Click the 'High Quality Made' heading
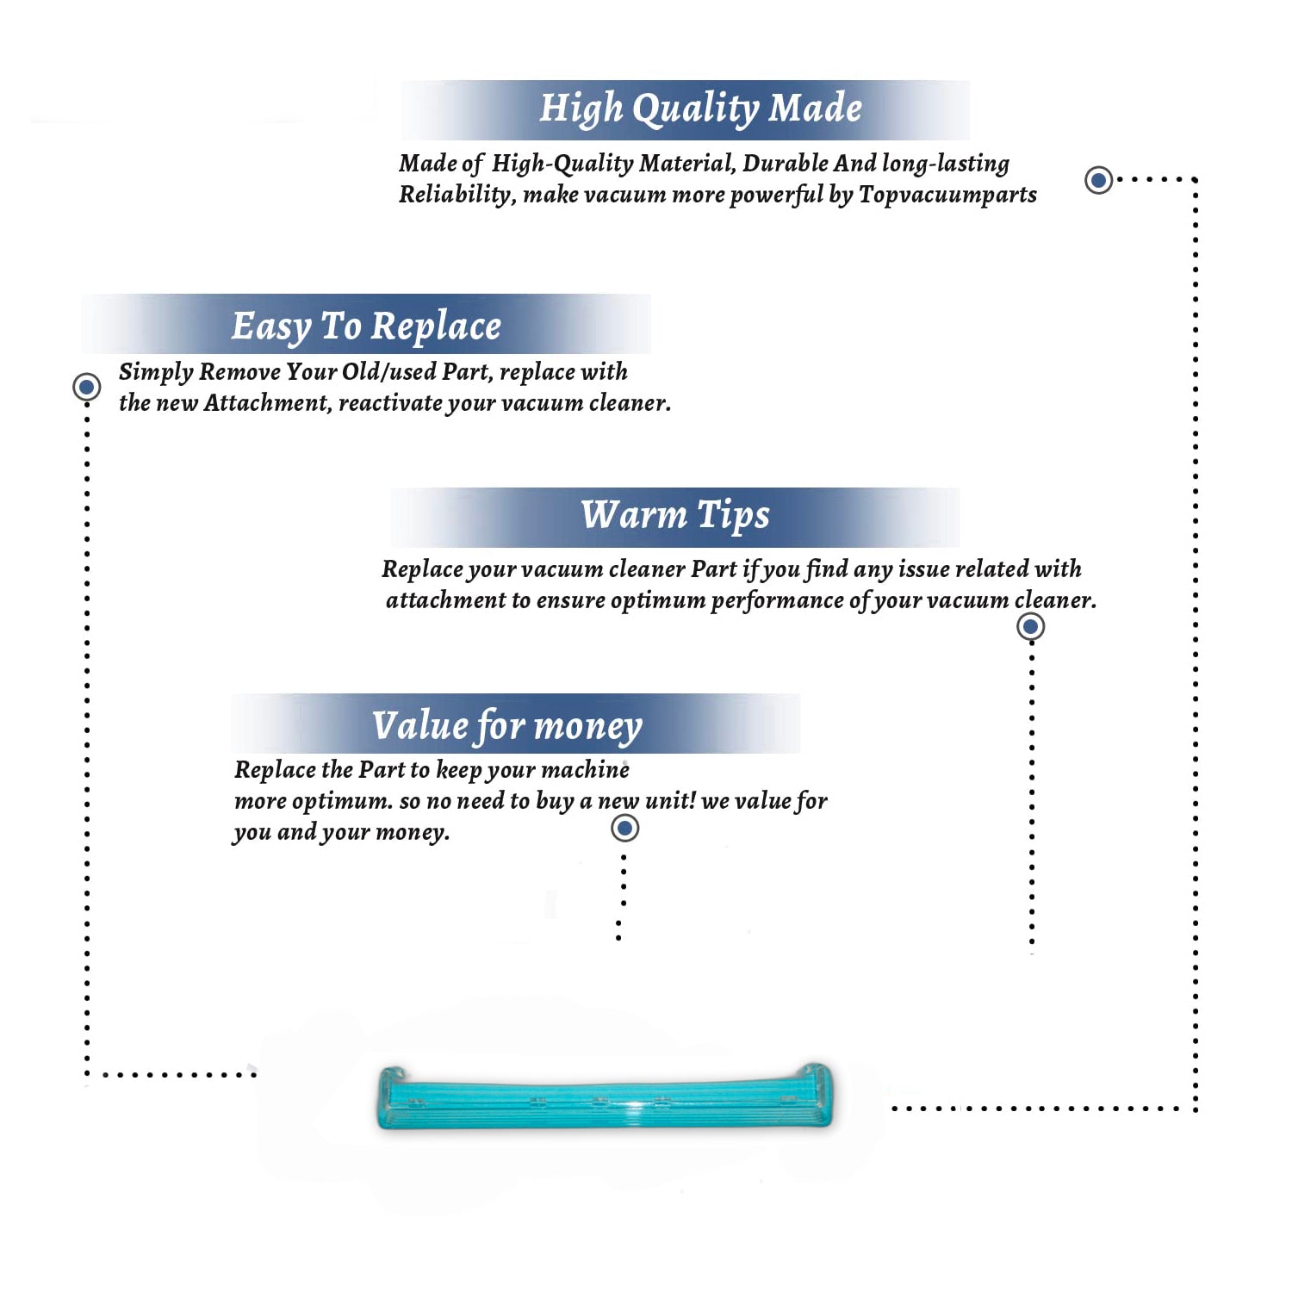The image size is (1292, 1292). pos(700,109)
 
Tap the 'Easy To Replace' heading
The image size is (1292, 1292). pos(366,326)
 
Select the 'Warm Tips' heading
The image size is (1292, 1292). pos(675,515)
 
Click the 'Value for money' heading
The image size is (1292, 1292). pos(507,725)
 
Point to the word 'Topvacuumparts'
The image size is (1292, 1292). pos(947,196)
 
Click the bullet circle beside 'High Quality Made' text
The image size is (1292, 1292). pos(1098,180)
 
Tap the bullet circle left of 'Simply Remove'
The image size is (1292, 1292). pos(86,387)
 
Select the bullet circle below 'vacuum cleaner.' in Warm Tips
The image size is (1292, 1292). pos(1030,626)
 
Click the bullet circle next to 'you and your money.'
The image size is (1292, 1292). pos(624,829)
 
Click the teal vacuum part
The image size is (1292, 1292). pos(605,1096)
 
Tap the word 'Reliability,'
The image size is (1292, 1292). pos(457,195)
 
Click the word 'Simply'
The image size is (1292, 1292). pos(156,372)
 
